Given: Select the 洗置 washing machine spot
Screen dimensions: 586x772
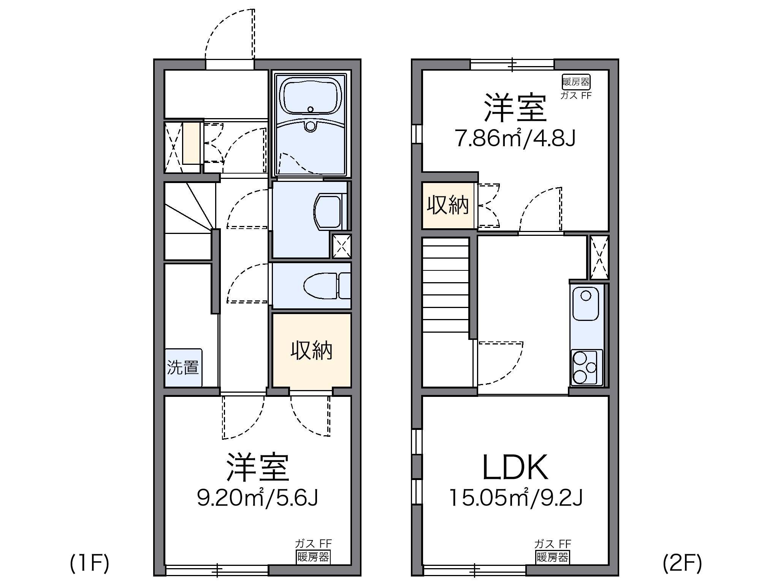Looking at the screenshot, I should [x=183, y=368].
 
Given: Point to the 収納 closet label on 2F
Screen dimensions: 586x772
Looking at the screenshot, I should [x=448, y=205].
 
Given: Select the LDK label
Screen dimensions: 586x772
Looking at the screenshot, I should [x=515, y=468].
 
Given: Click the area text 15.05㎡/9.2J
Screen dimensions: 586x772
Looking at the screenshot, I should [x=516, y=498].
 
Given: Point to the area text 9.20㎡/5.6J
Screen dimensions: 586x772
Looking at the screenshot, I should [x=257, y=498].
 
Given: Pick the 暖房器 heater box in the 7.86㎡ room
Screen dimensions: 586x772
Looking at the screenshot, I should [x=576, y=82].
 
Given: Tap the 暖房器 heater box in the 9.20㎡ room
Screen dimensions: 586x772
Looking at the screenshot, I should [x=313, y=557].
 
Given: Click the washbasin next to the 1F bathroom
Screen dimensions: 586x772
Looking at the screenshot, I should [x=328, y=213].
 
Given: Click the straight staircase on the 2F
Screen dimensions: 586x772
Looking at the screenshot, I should [x=445, y=289].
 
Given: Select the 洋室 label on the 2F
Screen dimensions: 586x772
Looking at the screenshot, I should [x=515, y=109].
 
